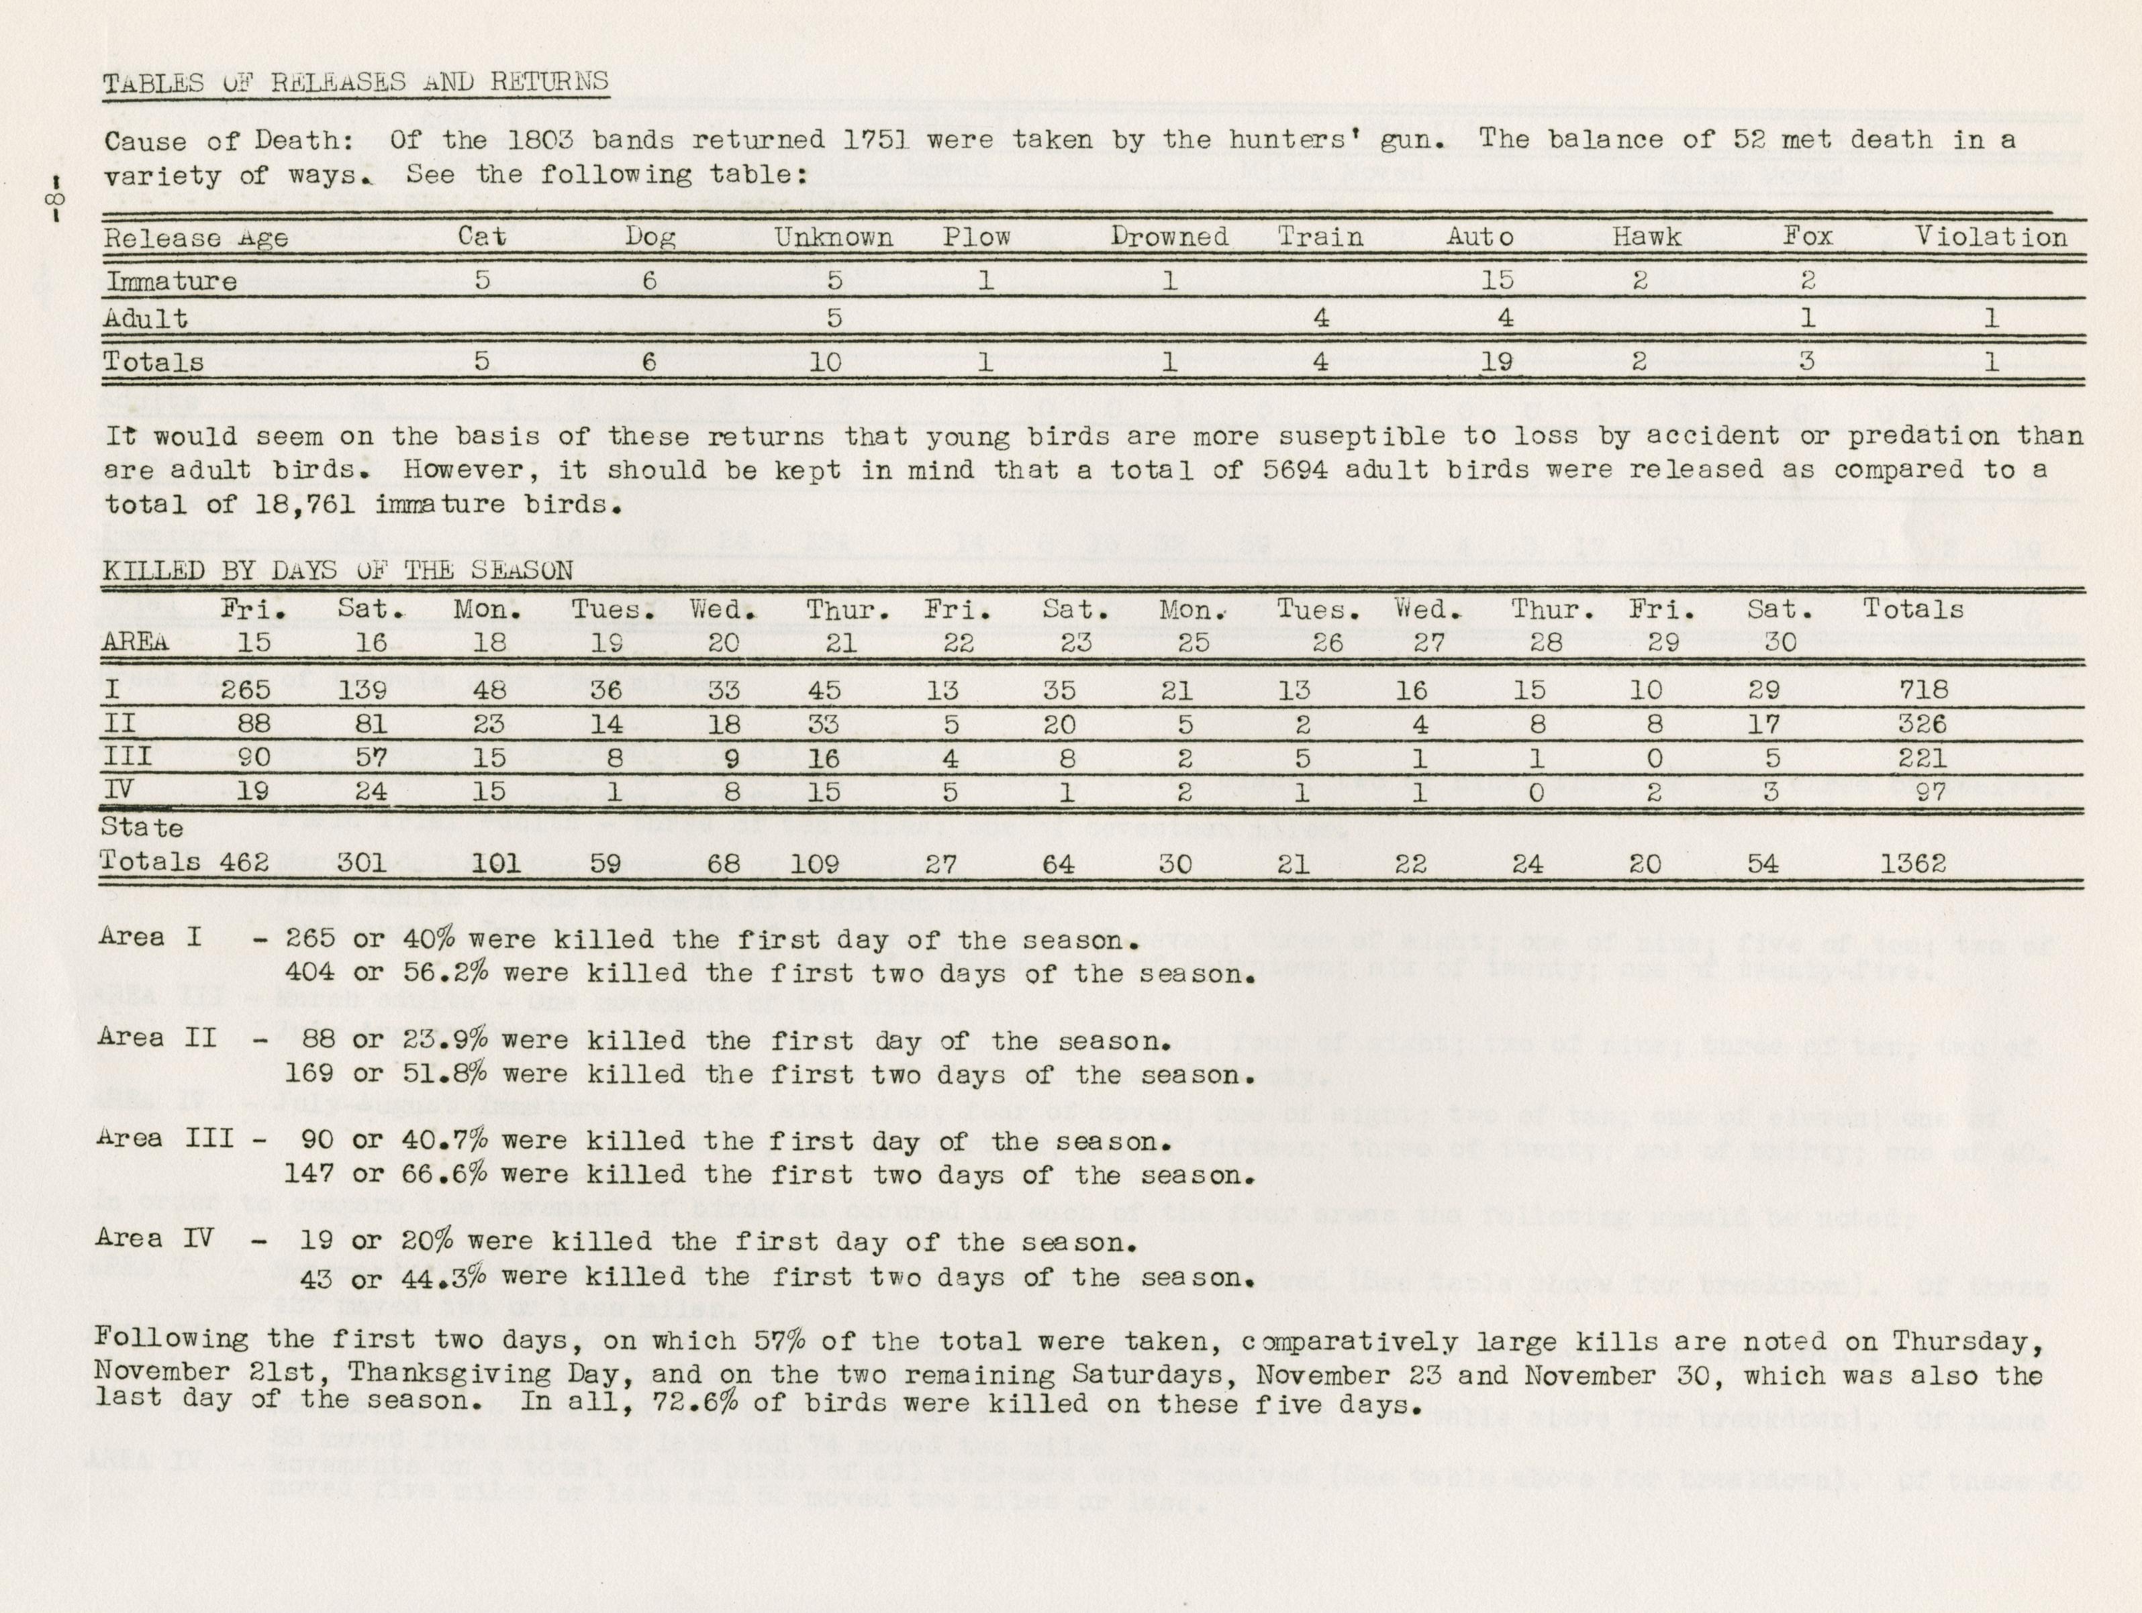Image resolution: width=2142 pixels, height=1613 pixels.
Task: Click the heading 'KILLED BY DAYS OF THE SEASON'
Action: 338,570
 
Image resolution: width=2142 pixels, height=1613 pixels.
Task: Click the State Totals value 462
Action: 245,863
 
